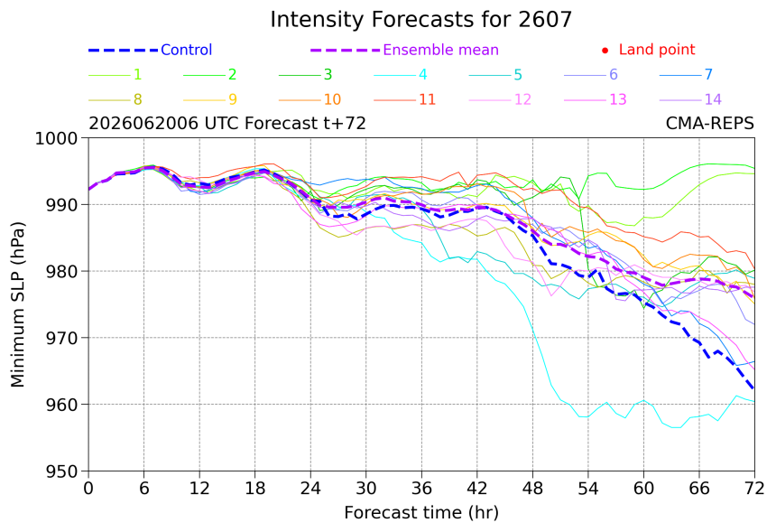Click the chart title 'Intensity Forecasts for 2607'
click(x=421, y=20)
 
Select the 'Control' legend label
click(x=187, y=50)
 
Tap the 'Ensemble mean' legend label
click(x=440, y=50)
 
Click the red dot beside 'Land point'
click(x=605, y=51)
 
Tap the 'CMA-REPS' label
click(x=710, y=124)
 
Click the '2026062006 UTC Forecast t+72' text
click(x=227, y=124)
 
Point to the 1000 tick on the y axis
click(x=57, y=139)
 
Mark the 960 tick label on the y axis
click(x=62, y=405)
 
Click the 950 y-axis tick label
click(x=62, y=471)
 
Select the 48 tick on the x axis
click(x=532, y=489)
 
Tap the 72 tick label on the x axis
click(x=754, y=489)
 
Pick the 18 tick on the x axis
click(x=254, y=489)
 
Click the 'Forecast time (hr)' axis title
click(x=421, y=513)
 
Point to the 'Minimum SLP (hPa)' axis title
click(x=18, y=304)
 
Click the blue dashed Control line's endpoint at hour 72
click(x=753, y=389)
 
